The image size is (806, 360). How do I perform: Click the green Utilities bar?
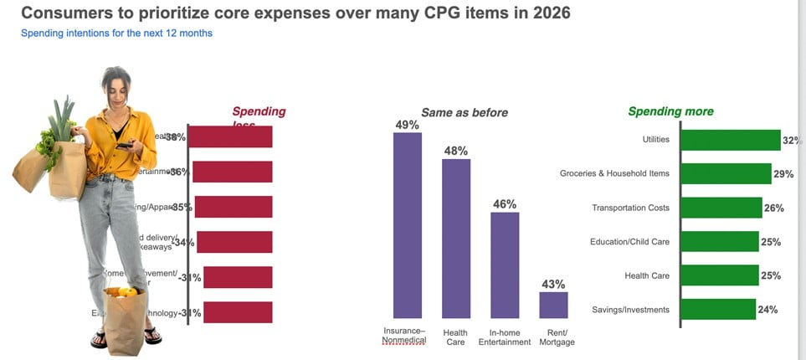pyautogui.click(x=730, y=139)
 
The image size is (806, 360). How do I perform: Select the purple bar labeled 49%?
pyautogui.click(x=408, y=224)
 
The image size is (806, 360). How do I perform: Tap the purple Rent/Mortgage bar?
pyautogui.click(x=553, y=305)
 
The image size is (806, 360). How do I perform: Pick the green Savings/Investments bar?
pyautogui.click(x=718, y=309)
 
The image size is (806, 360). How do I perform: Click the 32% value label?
pyautogui.click(x=793, y=139)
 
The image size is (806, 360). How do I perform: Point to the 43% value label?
pyautogui.click(x=553, y=284)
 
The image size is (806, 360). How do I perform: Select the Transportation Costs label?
pyautogui.click(x=630, y=208)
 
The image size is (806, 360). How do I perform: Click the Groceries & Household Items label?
pyautogui.click(x=614, y=173)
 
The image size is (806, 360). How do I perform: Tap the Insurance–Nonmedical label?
pyautogui.click(x=405, y=336)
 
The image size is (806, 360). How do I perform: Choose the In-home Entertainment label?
pyautogui.click(x=505, y=336)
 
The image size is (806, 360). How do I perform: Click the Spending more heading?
pyautogui.click(x=670, y=111)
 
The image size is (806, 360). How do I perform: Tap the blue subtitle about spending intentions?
pyautogui.click(x=116, y=33)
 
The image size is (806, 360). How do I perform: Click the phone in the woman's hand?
pyautogui.click(x=124, y=146)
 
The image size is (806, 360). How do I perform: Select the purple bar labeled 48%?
pyautogui.click(x=456, y=238)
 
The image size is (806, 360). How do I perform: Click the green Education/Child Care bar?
pyautogui.click(x=719, y=242)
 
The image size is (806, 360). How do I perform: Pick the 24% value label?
pyautogui.click(x=767, y=309)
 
